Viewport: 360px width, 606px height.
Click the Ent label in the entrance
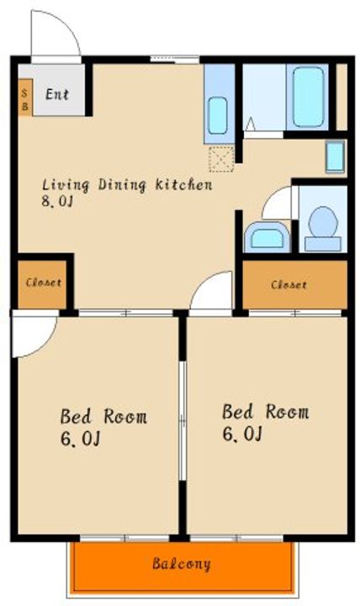[57, 94]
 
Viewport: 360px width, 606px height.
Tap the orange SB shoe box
[25, 98]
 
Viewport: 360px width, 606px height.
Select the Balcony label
[182, 563]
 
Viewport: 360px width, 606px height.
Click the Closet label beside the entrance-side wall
[43, 283]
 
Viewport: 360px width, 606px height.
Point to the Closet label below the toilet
[289, 285]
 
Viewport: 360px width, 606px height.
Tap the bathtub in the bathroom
[308, 97]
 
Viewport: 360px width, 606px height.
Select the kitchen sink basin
[218, 115]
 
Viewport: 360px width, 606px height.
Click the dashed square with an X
[221, 159]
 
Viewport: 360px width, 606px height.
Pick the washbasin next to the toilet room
[267, 237]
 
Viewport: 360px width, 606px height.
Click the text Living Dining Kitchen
[127, 184]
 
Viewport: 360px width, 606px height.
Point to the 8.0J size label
[57, 201]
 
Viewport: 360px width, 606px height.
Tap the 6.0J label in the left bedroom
[80, 439]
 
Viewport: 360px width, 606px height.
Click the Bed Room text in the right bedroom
[266, 412]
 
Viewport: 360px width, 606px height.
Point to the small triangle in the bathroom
[251, 124]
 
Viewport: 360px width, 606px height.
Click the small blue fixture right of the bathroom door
[335, 157]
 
